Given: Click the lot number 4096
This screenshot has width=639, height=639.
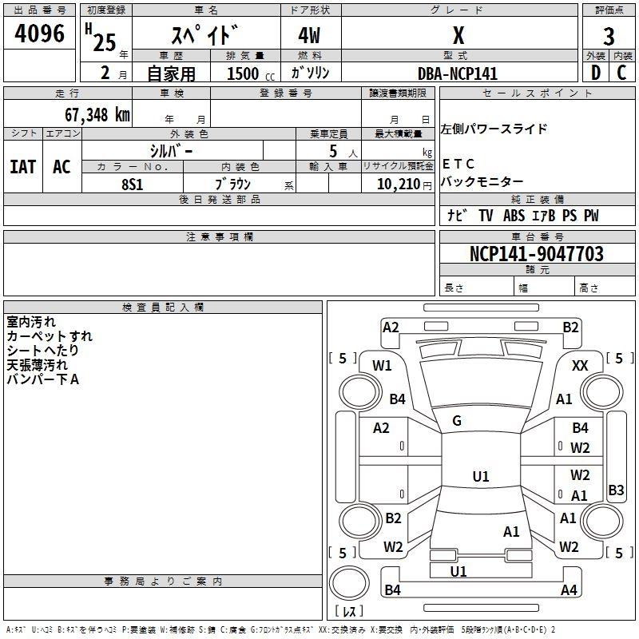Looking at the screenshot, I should click(x=39, y=34).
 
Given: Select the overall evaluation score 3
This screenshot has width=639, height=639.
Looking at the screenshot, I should click(x=609, y=36).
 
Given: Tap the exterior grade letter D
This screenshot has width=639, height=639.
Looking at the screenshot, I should click(x=595, y=73).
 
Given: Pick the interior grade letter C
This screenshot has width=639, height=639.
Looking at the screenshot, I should click(x=621, y=73).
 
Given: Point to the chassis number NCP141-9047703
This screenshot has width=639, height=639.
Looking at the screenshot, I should click(x=537, y=254).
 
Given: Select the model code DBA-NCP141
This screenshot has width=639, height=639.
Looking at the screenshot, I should click(x=458, y=73).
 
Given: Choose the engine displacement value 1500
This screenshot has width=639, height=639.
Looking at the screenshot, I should click(x=243, y=73).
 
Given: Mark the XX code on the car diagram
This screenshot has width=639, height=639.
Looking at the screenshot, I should click(x=581, y=365).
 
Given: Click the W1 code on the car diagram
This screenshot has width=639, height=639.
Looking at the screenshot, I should click(x=382, y=366).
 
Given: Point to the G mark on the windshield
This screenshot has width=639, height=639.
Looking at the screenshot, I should click(x=457, y=420).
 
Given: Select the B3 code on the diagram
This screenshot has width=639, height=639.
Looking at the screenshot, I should click(x=616, y=490).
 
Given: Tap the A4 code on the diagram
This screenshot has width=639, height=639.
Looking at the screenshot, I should click(x=569, y=590).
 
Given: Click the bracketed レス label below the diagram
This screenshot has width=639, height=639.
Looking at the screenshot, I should click(x=349, y=612).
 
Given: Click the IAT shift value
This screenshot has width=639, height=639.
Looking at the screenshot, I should click(x=22, y=167).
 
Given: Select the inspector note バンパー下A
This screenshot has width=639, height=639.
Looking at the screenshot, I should click(x=42, y=379).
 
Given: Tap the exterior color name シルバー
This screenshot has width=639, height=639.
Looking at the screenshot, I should click(x=171, y=150).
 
